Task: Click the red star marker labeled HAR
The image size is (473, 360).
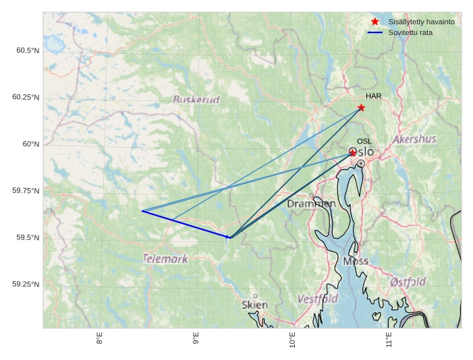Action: [x=362, y=108]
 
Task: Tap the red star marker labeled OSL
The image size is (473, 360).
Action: [x=353, y=154]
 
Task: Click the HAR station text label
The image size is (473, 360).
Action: [x=374, y=96]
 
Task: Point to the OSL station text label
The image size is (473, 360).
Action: [x=364, y=141]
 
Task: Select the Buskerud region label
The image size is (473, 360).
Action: [x=196, y=100]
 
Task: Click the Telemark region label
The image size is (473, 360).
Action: [x=165, y=258]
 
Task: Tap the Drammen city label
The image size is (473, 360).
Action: [x=311, y=204]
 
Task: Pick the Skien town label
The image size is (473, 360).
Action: [x=254, y=305]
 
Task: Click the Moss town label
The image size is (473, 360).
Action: [x=356, y=261]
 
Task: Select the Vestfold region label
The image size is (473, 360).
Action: [x=317, y=298]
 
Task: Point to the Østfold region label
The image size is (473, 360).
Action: [x=408, y=281]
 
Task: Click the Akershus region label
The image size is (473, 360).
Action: [x=414, y=140]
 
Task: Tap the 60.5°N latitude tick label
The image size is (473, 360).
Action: [x=26, y=51]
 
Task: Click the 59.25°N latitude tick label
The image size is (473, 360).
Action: [x=26, y=284]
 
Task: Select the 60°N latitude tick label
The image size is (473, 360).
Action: [x=31, y=144]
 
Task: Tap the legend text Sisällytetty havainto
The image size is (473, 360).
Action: [x=421, y=22]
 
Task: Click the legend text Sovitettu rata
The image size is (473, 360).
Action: [x=410, y=32]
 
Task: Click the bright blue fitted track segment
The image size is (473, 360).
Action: [x=186, y=224]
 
